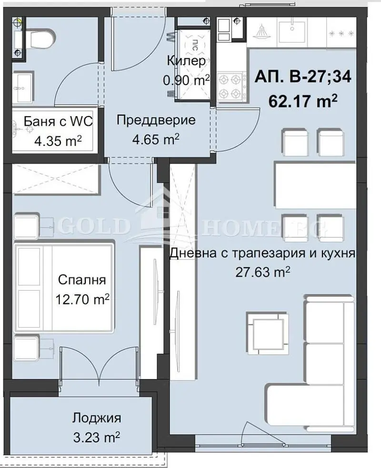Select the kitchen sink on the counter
tap(292, 30)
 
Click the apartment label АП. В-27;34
tap(303, 78)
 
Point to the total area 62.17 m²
tap(303, 101)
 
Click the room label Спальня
tap(82, 280)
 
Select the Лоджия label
tap(97, 418)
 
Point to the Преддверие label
tap(156, 120)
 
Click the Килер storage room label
tap(187, 61)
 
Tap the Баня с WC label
tap(58, 121)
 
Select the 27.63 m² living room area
tap(263, 272)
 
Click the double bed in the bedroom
tap(65, 288)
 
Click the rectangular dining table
tap(316, 185)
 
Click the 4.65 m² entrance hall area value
tap(156, 139)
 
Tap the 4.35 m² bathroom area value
tap(58, 140)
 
